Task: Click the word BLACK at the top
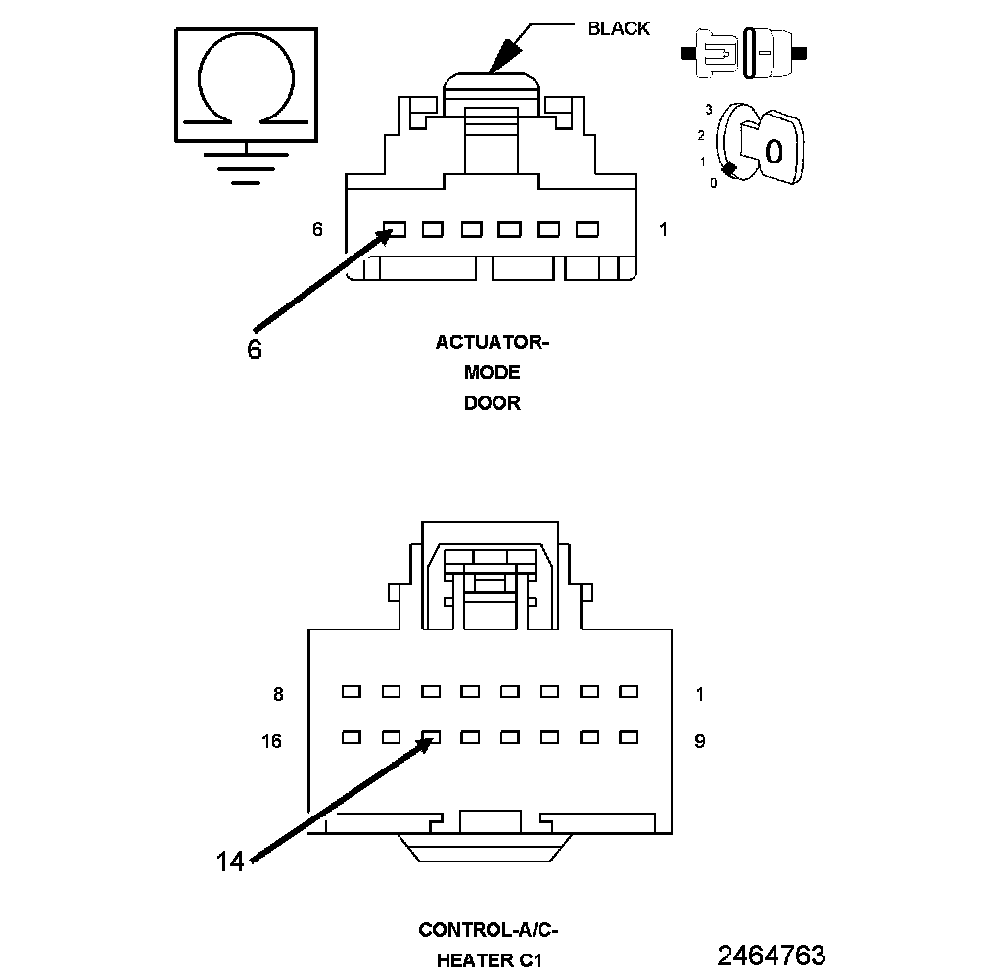tap(618, 28)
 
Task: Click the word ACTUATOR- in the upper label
tap(493, 342)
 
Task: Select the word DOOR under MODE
tap(493, 403)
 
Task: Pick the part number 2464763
tap(771, 955)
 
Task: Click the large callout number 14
tap(230, 861)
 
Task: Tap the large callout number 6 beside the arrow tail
tap(255, 350)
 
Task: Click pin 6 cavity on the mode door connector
tap(395, 230)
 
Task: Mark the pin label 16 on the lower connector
tap(271, 741)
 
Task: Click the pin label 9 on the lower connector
tap(699, 741)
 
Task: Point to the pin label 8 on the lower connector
tap(278, 694)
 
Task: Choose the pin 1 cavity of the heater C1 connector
tap(628, 691)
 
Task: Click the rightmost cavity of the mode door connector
tap(587, 230)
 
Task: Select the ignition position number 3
tap(707, 110)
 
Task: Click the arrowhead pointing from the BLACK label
tap(502, 57)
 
